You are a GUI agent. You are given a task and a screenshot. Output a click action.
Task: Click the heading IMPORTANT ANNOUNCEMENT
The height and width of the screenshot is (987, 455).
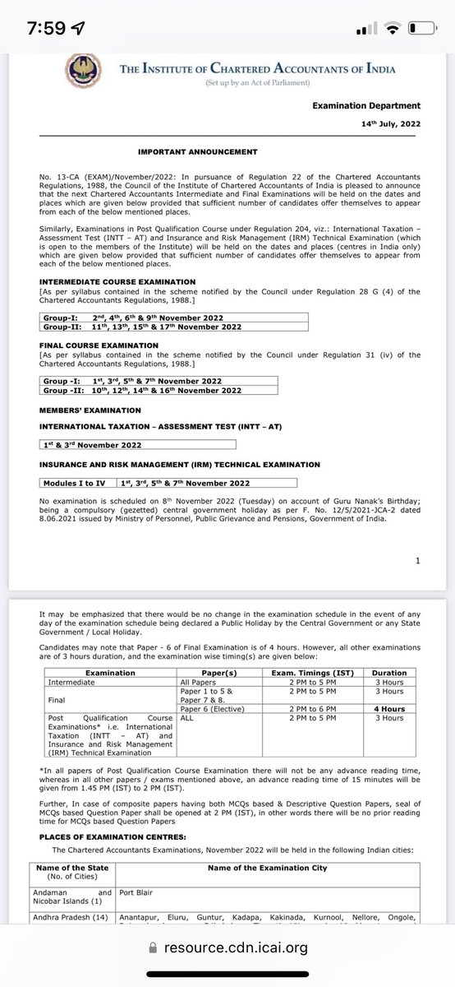[197, 152]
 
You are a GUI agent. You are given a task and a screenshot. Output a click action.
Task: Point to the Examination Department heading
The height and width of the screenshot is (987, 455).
[366, 106]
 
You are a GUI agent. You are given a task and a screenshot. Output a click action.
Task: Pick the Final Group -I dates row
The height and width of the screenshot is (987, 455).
[131, 382]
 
